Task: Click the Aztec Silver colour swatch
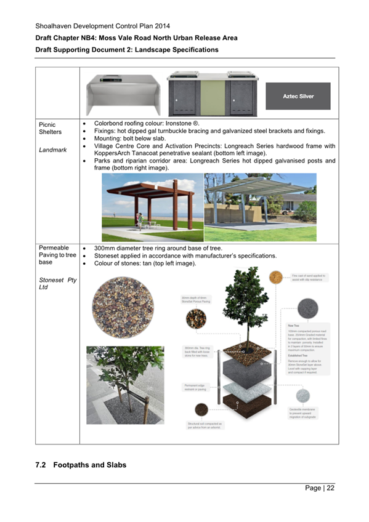click(x=298, y=96)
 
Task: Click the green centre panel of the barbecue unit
click(x=214, y=96)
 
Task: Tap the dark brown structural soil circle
click(x=201, y=408)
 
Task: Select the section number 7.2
click(x=41, y=465)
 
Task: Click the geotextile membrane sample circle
click(x=302, y=396)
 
